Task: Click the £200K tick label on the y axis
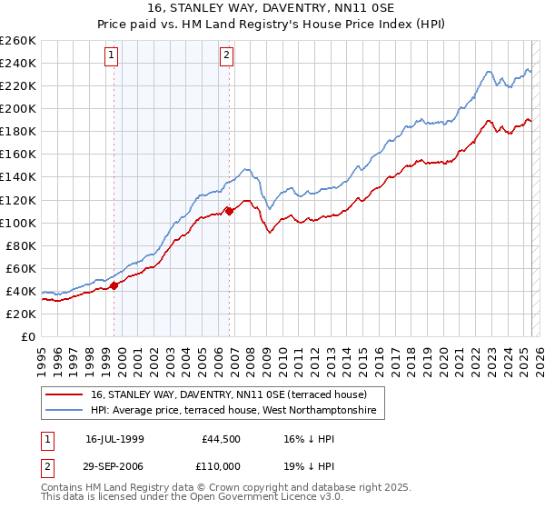[18, 108]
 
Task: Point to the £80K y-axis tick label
[21, 245]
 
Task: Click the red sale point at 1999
[114, 285]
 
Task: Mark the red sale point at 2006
[230, 211]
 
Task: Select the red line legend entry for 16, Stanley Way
[228, 394]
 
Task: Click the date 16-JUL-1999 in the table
[115, 438]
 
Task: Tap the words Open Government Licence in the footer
[282, 499]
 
